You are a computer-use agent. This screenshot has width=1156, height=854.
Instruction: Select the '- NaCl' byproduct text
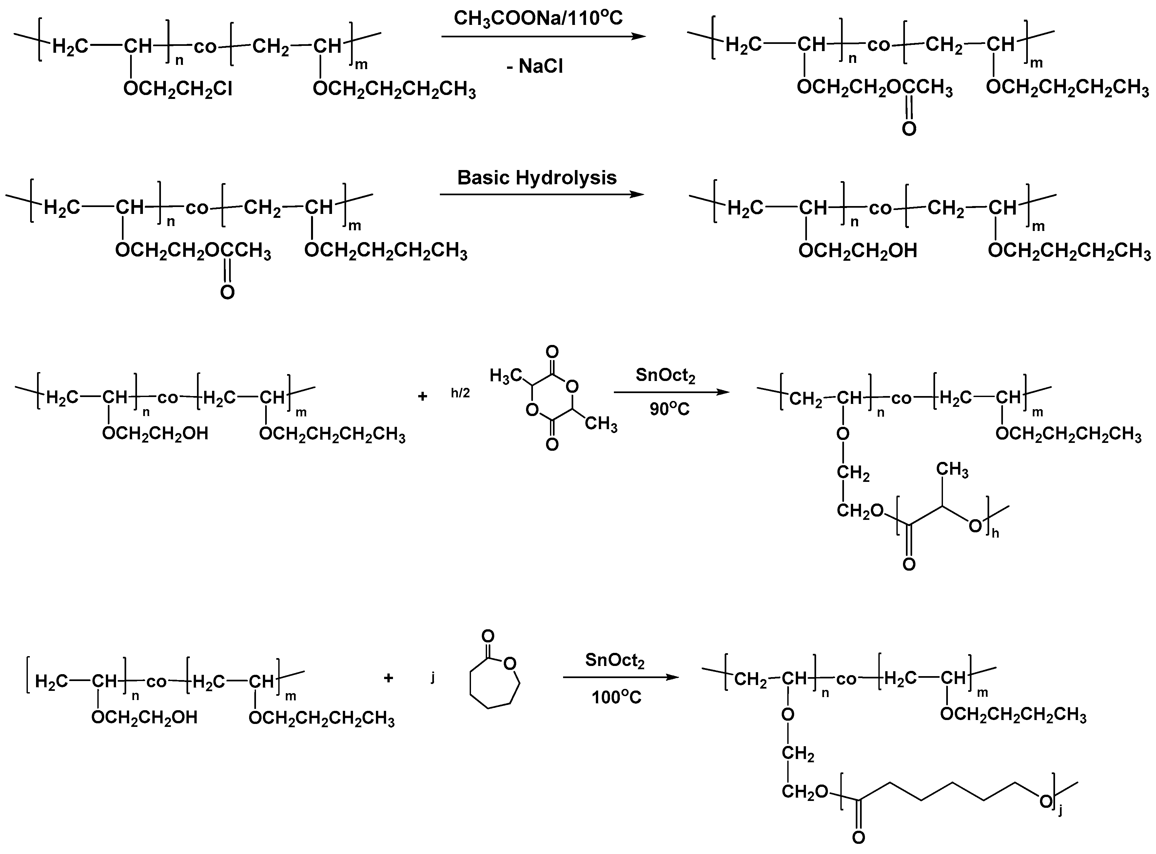(534, 66)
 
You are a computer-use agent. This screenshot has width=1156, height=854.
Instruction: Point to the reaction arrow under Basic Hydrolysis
(542, 194)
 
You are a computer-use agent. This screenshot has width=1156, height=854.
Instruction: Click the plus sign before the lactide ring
(422, 396)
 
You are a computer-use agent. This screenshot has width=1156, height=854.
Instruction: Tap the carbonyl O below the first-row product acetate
(909, 128)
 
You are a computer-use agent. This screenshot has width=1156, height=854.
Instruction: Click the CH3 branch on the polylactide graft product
(952, 470)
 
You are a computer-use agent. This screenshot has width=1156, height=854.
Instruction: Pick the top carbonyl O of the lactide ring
(552, 352)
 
